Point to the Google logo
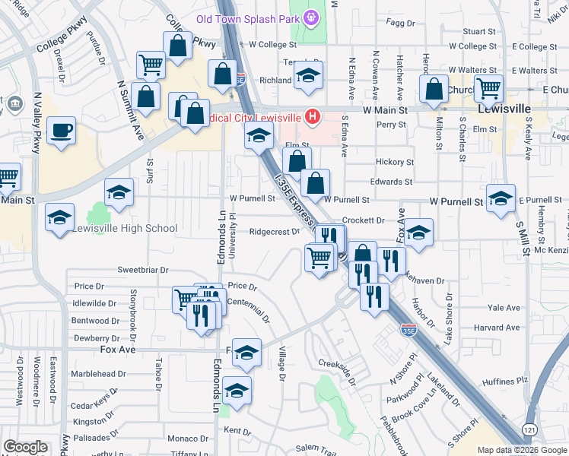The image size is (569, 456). tap(26, 447)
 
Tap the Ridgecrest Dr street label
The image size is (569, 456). tap(275, 233)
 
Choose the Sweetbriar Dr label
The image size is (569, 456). tap(141, 270)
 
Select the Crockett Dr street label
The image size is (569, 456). tap(363, 220)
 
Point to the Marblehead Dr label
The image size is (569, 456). tap(98, 374)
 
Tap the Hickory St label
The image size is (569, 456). tap(395, 163)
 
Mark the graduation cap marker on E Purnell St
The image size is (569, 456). tap(500, 198)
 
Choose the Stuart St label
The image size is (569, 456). tap(479, 32)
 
